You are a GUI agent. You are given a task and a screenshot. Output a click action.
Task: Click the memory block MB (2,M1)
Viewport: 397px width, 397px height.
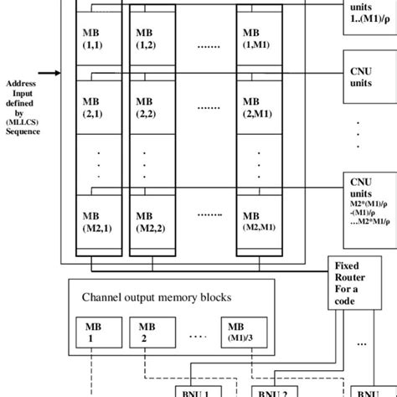pyautogui.click(x=256, y=105)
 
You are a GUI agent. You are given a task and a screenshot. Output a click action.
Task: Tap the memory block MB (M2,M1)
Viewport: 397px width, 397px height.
pyautogui.click(x=256, y=219)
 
